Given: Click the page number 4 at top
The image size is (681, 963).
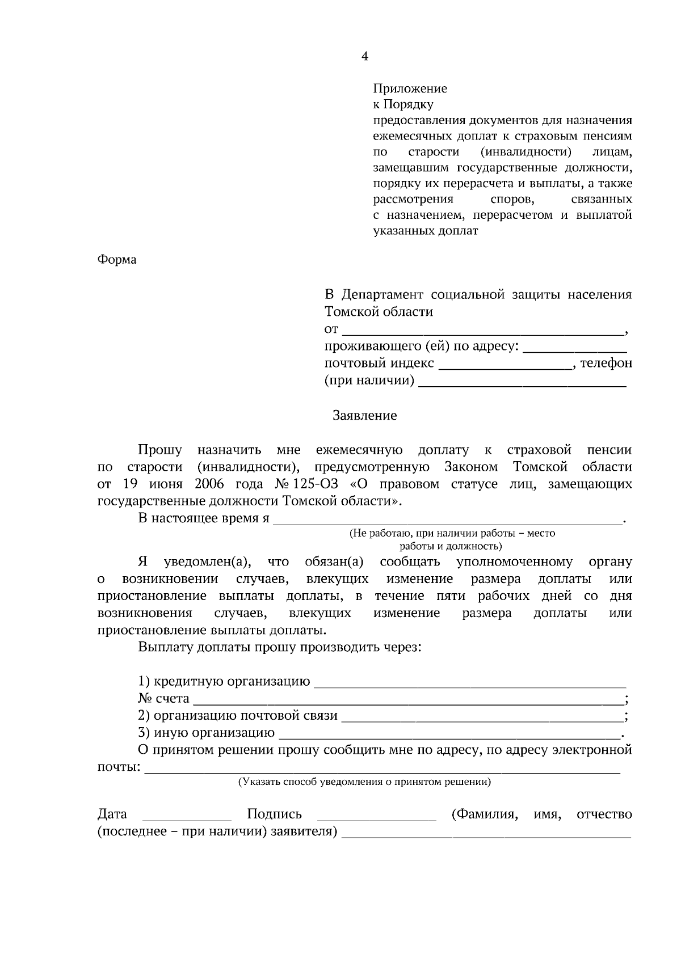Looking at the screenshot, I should (x=365, y=56).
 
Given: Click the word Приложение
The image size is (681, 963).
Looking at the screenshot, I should (x=410, y=88).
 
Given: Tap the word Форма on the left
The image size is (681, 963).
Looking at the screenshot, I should (x=117, y=260).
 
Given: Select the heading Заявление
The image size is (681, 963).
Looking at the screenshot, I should (x=364, y=416).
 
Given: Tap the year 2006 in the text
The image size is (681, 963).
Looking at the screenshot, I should (x=209, y=484).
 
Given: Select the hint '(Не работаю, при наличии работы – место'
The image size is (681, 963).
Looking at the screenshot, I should (x=452, y=533).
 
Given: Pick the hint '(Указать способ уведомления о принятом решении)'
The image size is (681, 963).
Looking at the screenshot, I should (x=364, y=782).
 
